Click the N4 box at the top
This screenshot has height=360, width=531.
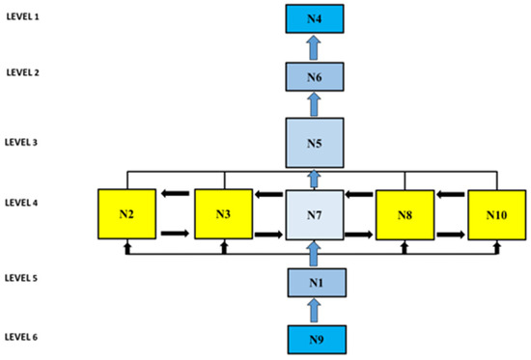click(315, 19)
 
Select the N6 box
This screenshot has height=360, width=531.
click(315, 77)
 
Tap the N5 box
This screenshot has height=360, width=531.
click(315, 143)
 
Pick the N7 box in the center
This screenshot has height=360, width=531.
click(315, 215)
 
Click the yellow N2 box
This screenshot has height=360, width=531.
click(127, 214)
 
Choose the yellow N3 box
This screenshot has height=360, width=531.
click(224, 214)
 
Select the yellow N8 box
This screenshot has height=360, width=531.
click(405, 215)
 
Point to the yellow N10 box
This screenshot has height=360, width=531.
click(497, 215)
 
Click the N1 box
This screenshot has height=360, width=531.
click(317, 283)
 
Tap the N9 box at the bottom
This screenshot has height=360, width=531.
click(317, 340)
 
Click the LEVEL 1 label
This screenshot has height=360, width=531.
click(23, 16)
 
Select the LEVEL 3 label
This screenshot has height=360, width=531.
click(21, 142)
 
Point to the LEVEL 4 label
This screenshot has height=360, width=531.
click(21, 203)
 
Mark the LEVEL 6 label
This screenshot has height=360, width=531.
click(21, 337)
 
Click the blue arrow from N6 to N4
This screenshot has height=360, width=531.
click(315, 47)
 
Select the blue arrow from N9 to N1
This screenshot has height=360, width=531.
click(315, 310)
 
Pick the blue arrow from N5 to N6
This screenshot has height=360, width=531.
click(315, 104)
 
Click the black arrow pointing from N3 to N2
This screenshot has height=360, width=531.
click(175, 193)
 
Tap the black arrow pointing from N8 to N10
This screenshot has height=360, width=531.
click(451, 234)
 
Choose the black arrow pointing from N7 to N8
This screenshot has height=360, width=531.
click(359, 234)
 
